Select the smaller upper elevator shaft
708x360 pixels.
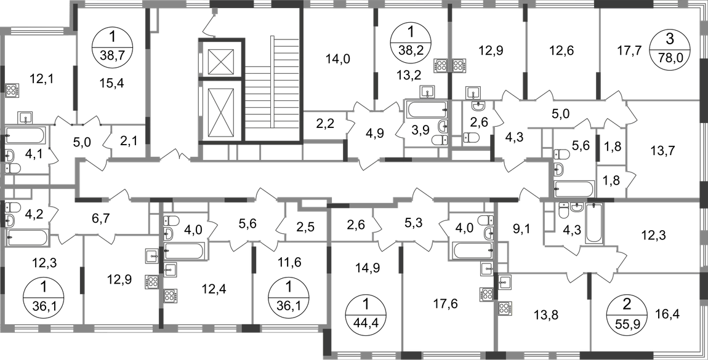[220, 60]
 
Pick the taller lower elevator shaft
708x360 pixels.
[220, 114]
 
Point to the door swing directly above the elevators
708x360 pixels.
[209, 23]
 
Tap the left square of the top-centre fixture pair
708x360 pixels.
[439, 65]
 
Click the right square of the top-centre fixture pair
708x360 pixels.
[459, 65]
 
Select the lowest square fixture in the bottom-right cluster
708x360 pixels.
[505, 306]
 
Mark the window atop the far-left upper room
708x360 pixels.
[34, 31]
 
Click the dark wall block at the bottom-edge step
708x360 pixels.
[327, 342]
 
